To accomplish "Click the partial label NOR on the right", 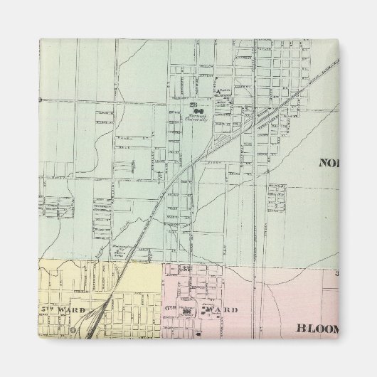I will (x=331, y=161).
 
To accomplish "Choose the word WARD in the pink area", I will (x=227, y=310).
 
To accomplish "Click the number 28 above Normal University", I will (x=193, y=105).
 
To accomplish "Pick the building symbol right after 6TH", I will (x=187, y=313).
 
